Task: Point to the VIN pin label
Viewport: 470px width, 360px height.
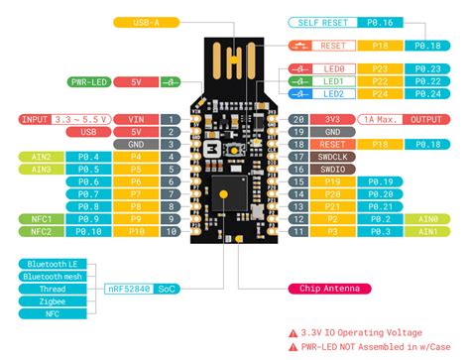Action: click(x=135, y=119)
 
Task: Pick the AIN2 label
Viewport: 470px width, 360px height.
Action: click(x=44, y=157)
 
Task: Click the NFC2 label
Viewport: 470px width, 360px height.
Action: click(x=44, y=232)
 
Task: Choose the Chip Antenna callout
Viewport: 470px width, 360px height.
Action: click(x=324, y=289)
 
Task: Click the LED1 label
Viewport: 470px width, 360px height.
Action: click(x=333, y=80)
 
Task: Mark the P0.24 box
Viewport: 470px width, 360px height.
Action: click(x=427, y=93)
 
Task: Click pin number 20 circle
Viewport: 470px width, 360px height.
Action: click(x=298, y=119)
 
